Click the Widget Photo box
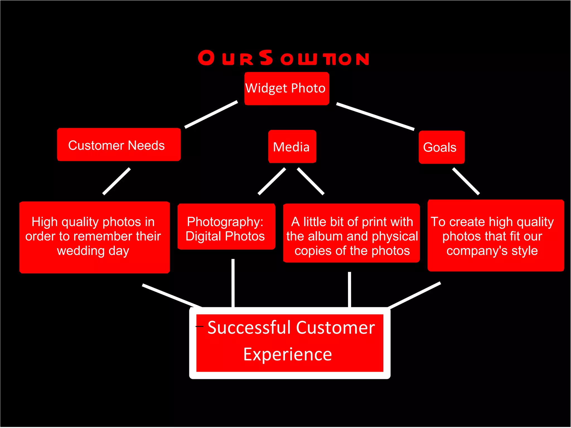click(286, 88)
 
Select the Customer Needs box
click(119, 145)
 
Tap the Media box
click(292, 147)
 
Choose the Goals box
click(441, 147)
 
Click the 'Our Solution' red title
click(283, 58)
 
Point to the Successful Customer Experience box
click(290, 343)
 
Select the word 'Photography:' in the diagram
click(225, 222)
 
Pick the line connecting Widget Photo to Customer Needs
click(211, 114)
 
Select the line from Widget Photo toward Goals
click(375, 117)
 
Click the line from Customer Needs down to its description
click(117, 181)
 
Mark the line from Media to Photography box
click(272, 181)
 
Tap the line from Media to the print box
click(311, 181)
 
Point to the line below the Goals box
click(466, 181)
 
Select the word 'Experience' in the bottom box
click(287, 355)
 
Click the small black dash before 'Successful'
click(200, 326)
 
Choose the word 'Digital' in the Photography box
click(203, 236)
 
